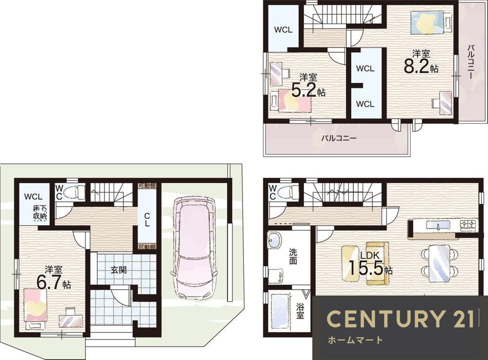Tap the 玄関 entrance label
click(119, 270)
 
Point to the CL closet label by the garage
click(147, 219)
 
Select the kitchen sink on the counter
click(438, 225)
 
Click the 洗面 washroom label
click(293, 256)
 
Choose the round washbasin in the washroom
click(274, 240)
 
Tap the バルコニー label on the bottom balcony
click(339, 138)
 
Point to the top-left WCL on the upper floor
click(283, 30)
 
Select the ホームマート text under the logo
click(355, 340)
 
